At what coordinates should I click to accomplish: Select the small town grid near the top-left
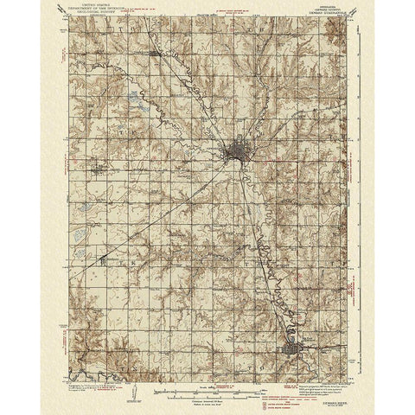(156, 56)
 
